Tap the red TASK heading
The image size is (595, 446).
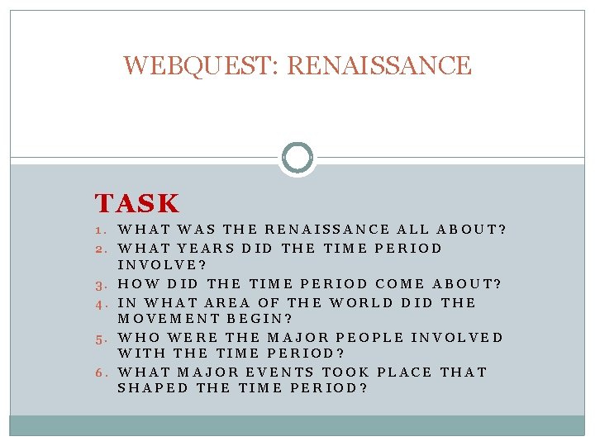[x=136, y=203]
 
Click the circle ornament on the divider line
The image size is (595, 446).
[x=297, y=157]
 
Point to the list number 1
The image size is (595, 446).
[x=100, y=230]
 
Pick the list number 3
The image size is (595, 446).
[x=100, y=284]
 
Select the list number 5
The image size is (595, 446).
[x=100, y=338]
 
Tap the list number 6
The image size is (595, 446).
[x=100, y=373]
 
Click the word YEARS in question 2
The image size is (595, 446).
[x=205, y=248]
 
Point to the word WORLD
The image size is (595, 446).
[x=361, y=301]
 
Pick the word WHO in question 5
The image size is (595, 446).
[x=138, y=337]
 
